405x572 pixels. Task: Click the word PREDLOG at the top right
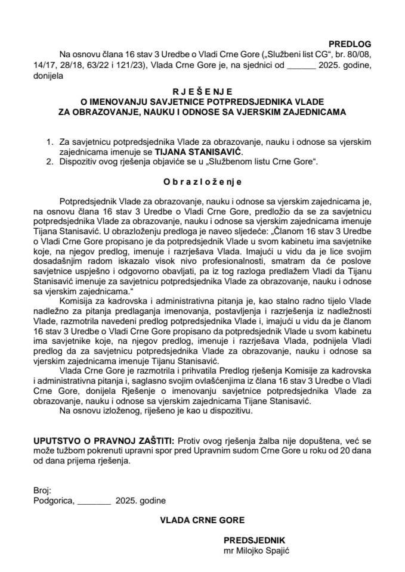point(350,44)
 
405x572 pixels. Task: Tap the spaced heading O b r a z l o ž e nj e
point(202,178)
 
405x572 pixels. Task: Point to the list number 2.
point(50,161)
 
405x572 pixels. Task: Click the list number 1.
point(50,143)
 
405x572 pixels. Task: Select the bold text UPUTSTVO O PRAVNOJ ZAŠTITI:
point(104,439)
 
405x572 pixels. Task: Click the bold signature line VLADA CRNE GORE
point(202,520)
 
